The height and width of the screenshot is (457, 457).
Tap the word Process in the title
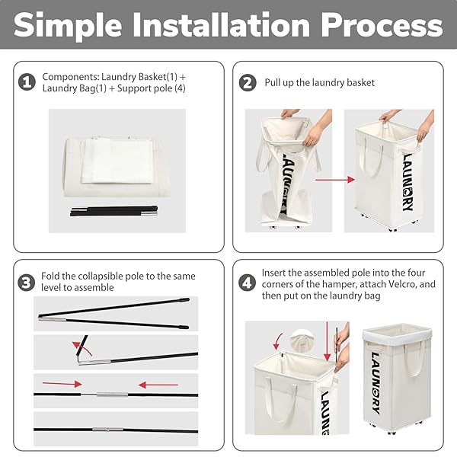point(382,25)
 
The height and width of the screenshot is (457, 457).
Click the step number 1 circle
point(27,82)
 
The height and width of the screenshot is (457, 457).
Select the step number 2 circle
point(248,82)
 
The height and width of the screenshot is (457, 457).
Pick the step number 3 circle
point(26,283)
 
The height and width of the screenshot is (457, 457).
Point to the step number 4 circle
point(247,283)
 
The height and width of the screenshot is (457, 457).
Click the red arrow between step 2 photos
point(335,180)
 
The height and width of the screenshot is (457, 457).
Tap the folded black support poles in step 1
point(113,211)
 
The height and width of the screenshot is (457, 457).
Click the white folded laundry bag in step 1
point(117,161)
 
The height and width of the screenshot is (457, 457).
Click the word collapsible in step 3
point(106,276)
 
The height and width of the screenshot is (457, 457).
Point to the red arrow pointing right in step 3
point(62,384)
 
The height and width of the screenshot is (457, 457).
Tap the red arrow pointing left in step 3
point(158,385)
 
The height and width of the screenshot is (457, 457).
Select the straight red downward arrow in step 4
point(328,341)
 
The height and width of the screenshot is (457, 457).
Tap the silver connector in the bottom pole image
point(108,430)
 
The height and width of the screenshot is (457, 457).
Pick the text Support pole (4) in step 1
point(152,88)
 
